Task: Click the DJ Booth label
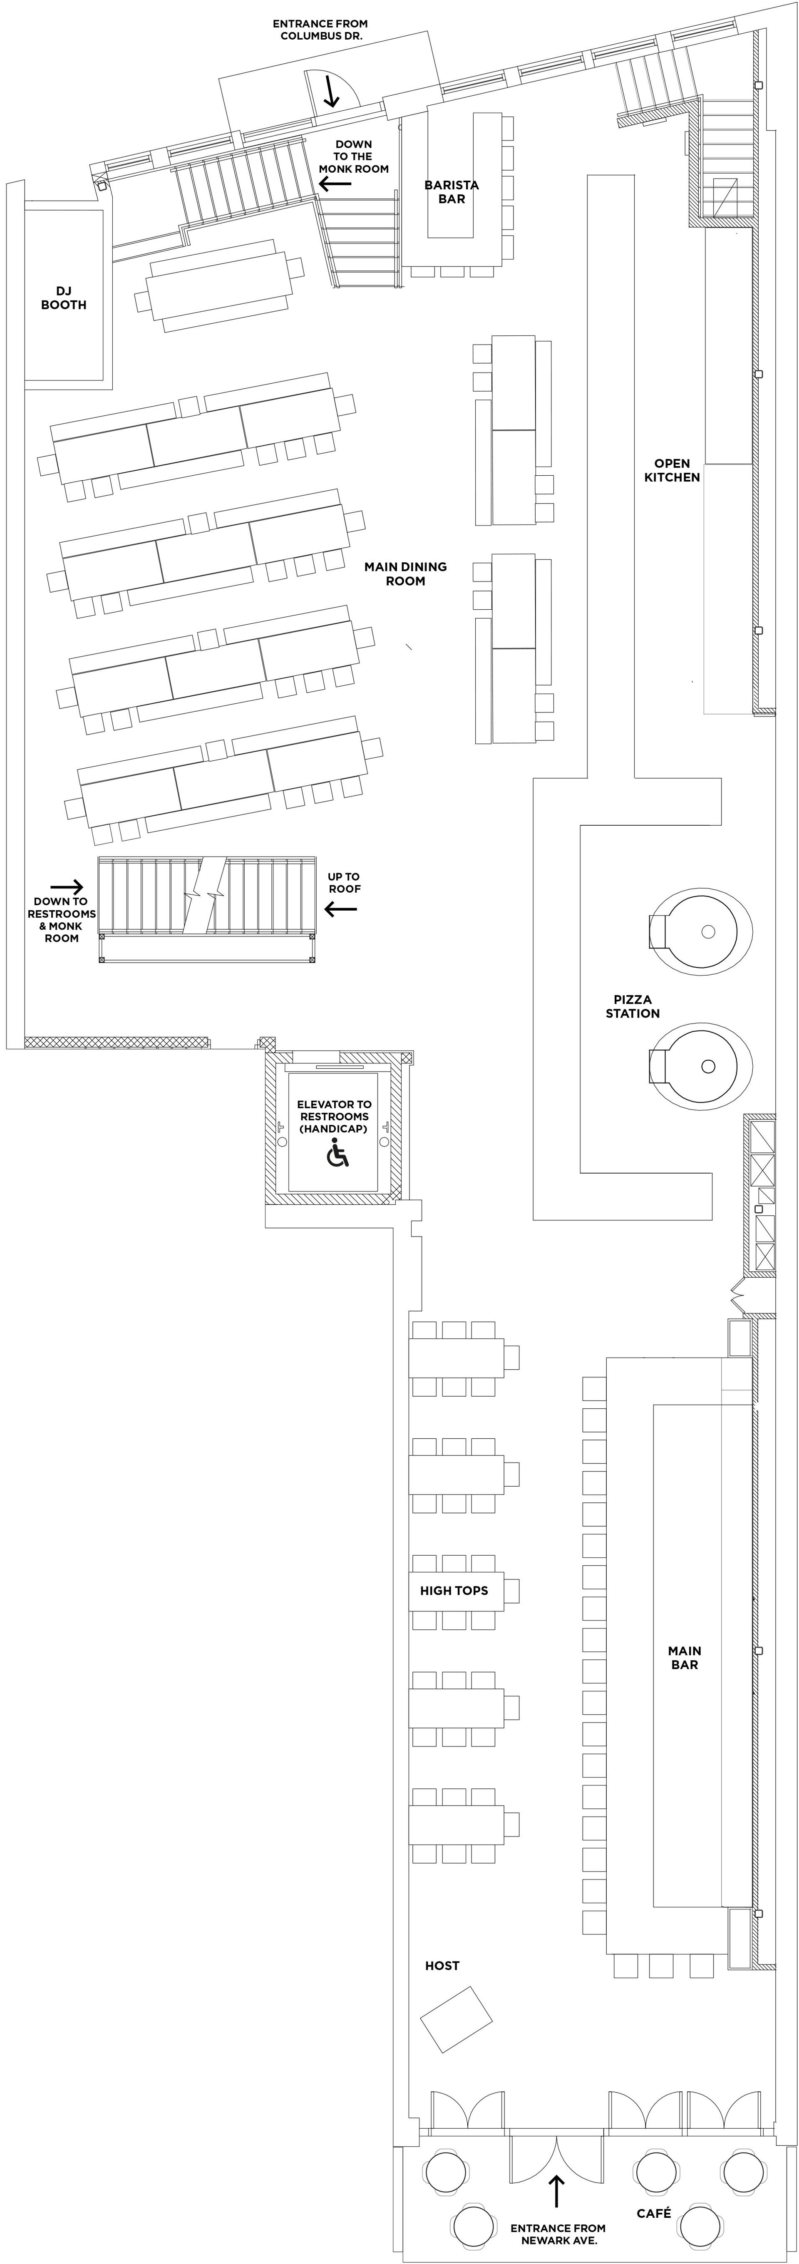tap(63, 298)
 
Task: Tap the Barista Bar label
tap(452, 191)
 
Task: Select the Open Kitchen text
tap(672, 470)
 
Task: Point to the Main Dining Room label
tap(405, 574)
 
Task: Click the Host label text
tap(442, 1965)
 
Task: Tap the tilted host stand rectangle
tap(456, 2019)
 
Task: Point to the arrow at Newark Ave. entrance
tap(556, 2192)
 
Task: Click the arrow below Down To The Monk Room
tap(335, 184)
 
